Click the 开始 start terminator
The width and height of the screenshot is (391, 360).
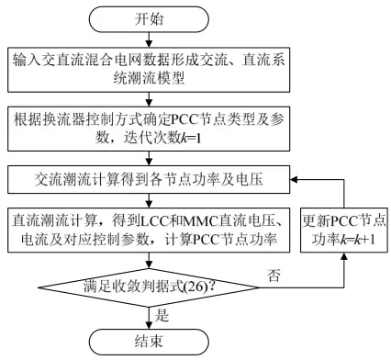tap(149, 19)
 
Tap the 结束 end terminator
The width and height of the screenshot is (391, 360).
tap(149, 342)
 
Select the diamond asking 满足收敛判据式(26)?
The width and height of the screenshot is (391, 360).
tap(149, 287)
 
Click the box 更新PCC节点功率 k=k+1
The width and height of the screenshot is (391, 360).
tap(344, 230)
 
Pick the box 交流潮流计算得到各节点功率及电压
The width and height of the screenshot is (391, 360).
tap(149, 180)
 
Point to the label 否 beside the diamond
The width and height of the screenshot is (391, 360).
tap(274, 276)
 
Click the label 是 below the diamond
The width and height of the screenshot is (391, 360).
tap(162, 315)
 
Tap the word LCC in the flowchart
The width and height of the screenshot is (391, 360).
tap(155, 221)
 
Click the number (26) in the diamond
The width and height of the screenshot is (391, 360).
tap(196, 287)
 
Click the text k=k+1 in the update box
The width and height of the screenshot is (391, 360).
tap(358, 240)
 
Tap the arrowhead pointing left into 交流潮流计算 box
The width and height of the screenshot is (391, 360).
tap(294, 180)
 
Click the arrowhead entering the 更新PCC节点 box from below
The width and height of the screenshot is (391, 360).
tap(344, 256)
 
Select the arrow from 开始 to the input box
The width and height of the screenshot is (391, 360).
tap(149, 39)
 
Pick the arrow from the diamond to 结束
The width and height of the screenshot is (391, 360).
tap(149, 318)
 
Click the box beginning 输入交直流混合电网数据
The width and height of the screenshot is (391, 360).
tap(149, 70)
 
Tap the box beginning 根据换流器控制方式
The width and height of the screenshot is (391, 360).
tap(149, 129)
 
